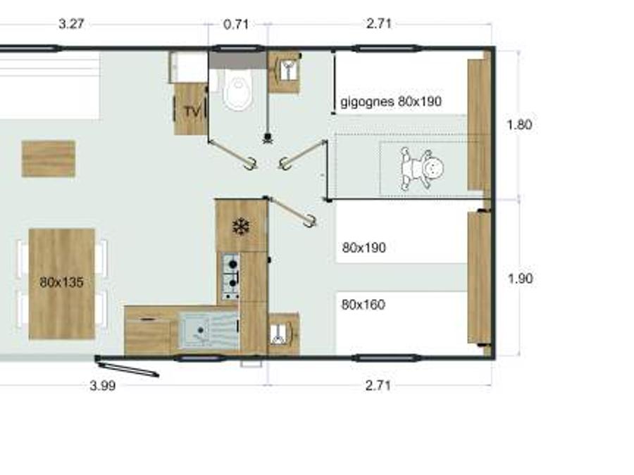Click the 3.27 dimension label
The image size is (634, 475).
pyautogui.click(x=71, y=24)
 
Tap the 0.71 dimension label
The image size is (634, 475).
pyautogui.click(x=236, y=24)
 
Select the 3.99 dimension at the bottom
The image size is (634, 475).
pyautogui.click(x=103, y=386)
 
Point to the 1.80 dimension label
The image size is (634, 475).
pyautogui.click(x=520, y=125)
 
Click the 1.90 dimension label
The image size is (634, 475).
pyautogui.click(x=520, y=278)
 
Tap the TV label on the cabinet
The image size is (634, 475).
pyautogui.click(x=193, y=111)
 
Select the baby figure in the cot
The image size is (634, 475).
pyautogui.click(x=422, y=168)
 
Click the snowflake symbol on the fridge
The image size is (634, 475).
pyautogui.click(x=241, y=227)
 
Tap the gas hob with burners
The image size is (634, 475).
pyautogui.click(x=231, y=276)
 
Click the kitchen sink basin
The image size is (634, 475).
pyautogui.click(x=209, y=331)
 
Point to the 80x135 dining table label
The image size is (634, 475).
pyautogui.click(x=61, y=282)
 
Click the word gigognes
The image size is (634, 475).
pyautogui.click(x=367, y=101)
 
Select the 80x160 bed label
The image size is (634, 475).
pyautogui.click(x=363, y=304)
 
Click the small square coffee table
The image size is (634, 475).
pyautogui.click(x=49, y=159)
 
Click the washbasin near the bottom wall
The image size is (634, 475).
pyautogui.click(x=283, y=334)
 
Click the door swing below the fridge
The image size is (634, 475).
pyautogui.click(x=292, y=211)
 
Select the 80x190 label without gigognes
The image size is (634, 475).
pyautogui.click(x=364, y=247)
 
